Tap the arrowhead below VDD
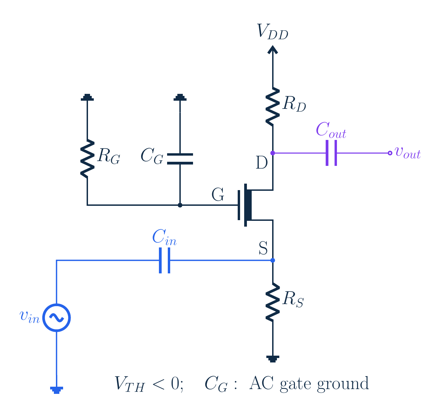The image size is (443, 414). (272, 50)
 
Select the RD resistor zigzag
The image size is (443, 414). (272, 107)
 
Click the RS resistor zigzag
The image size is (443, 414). (272, 302)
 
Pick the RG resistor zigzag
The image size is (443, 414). (87, 159)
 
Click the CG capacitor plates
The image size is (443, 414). (180, 159)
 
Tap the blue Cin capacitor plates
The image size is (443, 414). (165, 260)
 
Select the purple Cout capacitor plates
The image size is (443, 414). (331, 153)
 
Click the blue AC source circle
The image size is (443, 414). (56, 317)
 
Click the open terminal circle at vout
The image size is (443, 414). (390, 153)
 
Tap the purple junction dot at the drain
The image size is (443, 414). (272, 153)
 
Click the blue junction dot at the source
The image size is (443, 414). (272, 260)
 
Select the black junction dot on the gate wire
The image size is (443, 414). (180, 205)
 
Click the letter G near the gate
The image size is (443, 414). (218, 195)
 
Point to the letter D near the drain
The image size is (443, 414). (262, 162)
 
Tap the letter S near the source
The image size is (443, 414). (263, 248)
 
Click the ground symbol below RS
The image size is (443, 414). (272, 359)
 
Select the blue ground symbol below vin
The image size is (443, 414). (56, 390)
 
